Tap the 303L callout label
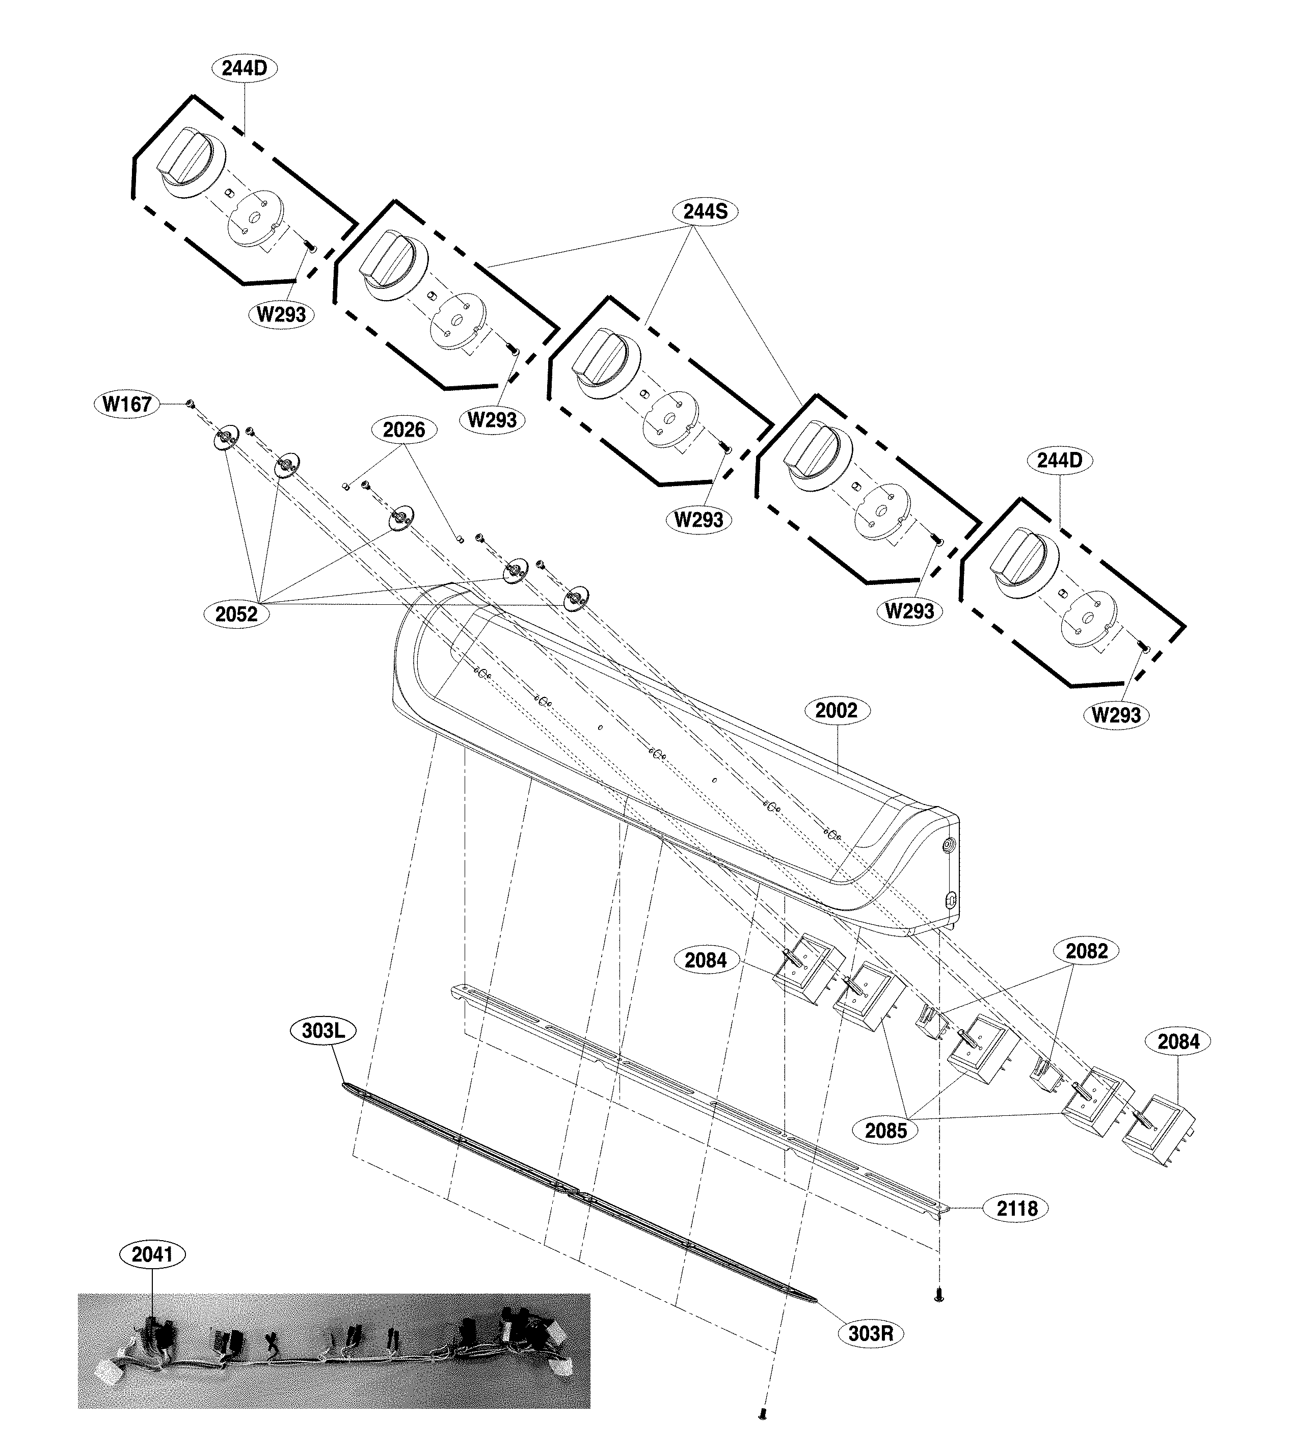coord(323,1031)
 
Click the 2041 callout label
coord(153,1255)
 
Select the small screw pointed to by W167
coord(190,404)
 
